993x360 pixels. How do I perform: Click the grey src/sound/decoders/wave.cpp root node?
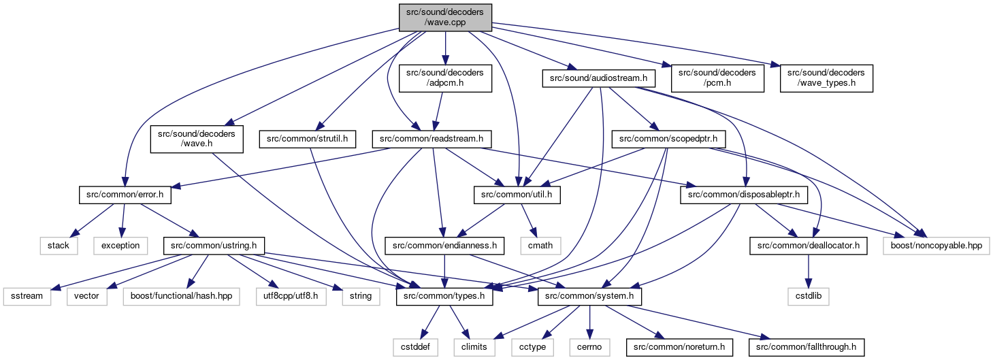pos(445,18)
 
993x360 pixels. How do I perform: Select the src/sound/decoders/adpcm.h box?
pos(445,78)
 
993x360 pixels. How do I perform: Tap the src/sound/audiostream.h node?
pos(598,78)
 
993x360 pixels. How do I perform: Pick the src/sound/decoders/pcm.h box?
pos(717,78)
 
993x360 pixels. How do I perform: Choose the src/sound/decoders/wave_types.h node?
pos(826,78)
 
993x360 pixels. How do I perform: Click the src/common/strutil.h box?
pos(307,140)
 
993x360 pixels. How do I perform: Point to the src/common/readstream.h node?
pos(432,140)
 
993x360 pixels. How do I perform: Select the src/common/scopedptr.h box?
pos(668,140)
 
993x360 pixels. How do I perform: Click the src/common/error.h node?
pos(125,195)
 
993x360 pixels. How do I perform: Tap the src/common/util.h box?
pos(517,195)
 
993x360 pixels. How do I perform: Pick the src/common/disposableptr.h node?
pos(743,195)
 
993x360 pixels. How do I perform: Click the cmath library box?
pos(540,246)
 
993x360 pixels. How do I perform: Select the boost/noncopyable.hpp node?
pos(937,246)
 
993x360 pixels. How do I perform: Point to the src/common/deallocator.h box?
pos(808,246)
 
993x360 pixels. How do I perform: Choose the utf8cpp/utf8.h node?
pos(291,296)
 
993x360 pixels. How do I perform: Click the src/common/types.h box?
pos(444,296)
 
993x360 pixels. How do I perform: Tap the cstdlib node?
pos(808,296)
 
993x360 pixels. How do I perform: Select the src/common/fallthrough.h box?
pos(807,347)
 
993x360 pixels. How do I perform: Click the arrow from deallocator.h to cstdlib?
pos(808,271)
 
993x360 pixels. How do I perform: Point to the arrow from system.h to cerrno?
pos(589,322)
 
